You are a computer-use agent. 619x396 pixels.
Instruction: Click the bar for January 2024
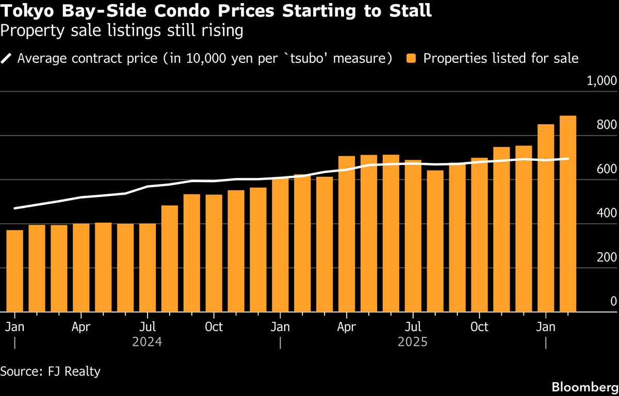coord(14,271)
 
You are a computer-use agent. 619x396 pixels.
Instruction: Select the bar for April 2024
coord(81,268)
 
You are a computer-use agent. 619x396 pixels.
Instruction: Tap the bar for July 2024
coord(148,268)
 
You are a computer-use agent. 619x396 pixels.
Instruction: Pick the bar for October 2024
coord(214,253)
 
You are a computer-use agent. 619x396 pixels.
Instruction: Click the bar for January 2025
coord(280,245)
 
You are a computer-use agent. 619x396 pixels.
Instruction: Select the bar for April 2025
coord(347,234)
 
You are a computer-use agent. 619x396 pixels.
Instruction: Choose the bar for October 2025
coord(479,235)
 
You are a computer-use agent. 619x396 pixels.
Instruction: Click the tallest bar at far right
coord(568,214)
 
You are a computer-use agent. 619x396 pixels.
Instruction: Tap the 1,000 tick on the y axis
coord(602,81)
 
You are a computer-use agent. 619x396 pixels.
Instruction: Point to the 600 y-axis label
coord(607,170)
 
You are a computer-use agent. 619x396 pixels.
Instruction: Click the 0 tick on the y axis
coord(613,302)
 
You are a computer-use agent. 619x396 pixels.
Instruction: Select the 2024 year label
coord(147,342)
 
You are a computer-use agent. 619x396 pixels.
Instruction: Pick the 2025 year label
coord(413,342)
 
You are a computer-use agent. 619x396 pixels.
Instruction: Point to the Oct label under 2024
coord(214,327)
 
